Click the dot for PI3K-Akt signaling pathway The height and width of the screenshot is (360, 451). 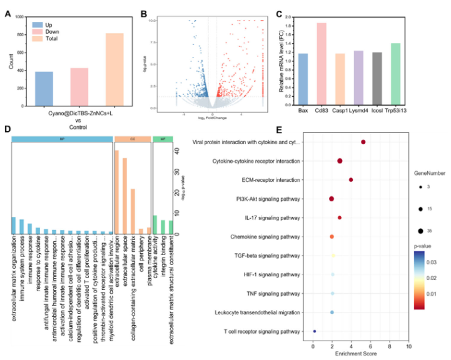tap(332, 199)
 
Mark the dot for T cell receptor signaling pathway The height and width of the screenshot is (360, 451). tap(315, 331)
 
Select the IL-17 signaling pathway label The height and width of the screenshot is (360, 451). tap(276, 218)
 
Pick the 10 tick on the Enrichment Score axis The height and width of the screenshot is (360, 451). tap(408, 346)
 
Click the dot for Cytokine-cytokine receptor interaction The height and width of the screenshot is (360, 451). tap(340, 161)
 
